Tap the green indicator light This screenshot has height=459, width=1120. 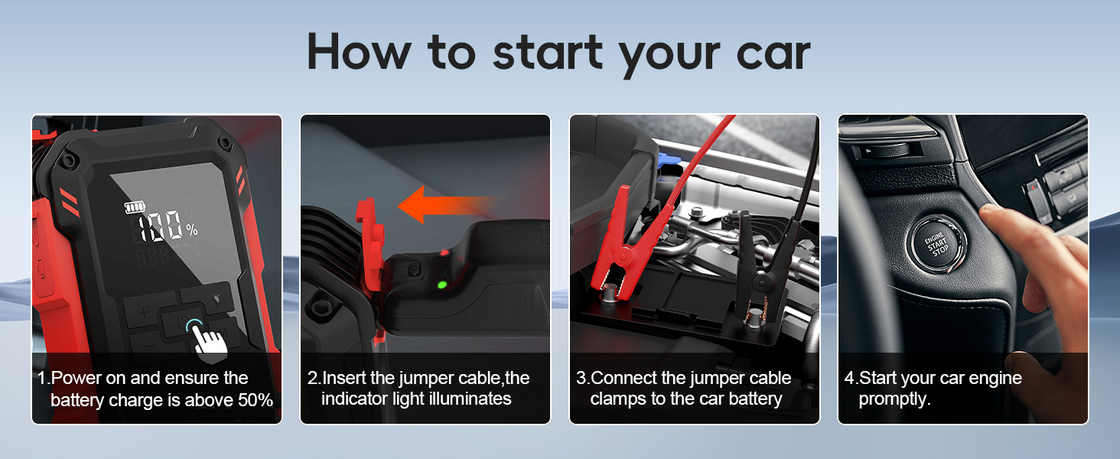pyautogui.click(x=441, y=285)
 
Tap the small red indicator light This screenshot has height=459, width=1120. pyautogui.click(x=443, y=254)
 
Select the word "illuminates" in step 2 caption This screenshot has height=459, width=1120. pyautogui.click(x=471, y=399)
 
